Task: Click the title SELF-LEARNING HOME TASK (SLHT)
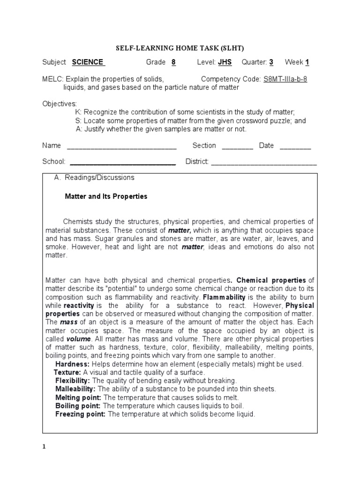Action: tap(180, 48)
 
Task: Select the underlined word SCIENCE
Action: tap(88, 62)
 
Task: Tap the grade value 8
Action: tap(173, 62)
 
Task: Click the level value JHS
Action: tap(225, 62)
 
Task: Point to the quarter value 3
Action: tap(271, 62)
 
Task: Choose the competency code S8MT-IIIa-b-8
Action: tap(285, 79)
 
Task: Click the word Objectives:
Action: tap(60, 104)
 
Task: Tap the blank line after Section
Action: tap(237, 146)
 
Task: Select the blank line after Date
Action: tap(295, 146)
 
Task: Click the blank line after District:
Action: tap(264, 162)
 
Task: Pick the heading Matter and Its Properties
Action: tap(106, 196)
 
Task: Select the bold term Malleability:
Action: tap(75, 389)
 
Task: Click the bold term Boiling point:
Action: tap(78, 406)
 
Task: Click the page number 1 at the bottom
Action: tap(45, 447)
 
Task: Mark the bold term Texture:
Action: tap(68, 372)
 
